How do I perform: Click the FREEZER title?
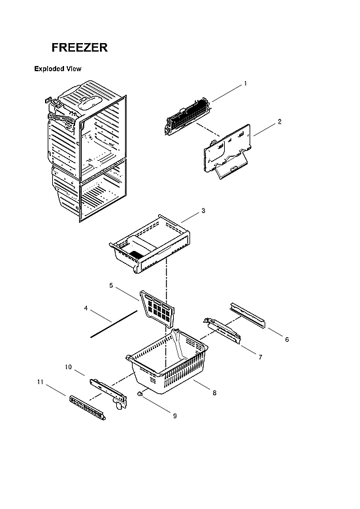click(80, 48)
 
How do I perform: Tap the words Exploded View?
click(57, 69)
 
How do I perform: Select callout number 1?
click(245, 84)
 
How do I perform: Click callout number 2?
click(280, 122)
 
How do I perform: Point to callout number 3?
click(203, 210)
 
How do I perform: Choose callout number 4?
click(86, 308)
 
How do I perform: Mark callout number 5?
click(112, 286)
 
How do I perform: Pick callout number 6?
click(287, 339)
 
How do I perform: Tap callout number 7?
click(260, 357)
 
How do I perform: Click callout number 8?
click(214, 392)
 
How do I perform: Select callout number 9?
click(174, 416)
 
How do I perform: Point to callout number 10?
click(68, 367)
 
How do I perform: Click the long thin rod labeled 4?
click(114, 325)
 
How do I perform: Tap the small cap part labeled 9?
click(140, 395)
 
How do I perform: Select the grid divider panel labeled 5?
click(159, 306)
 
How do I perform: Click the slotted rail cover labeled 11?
click(86, 408)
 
